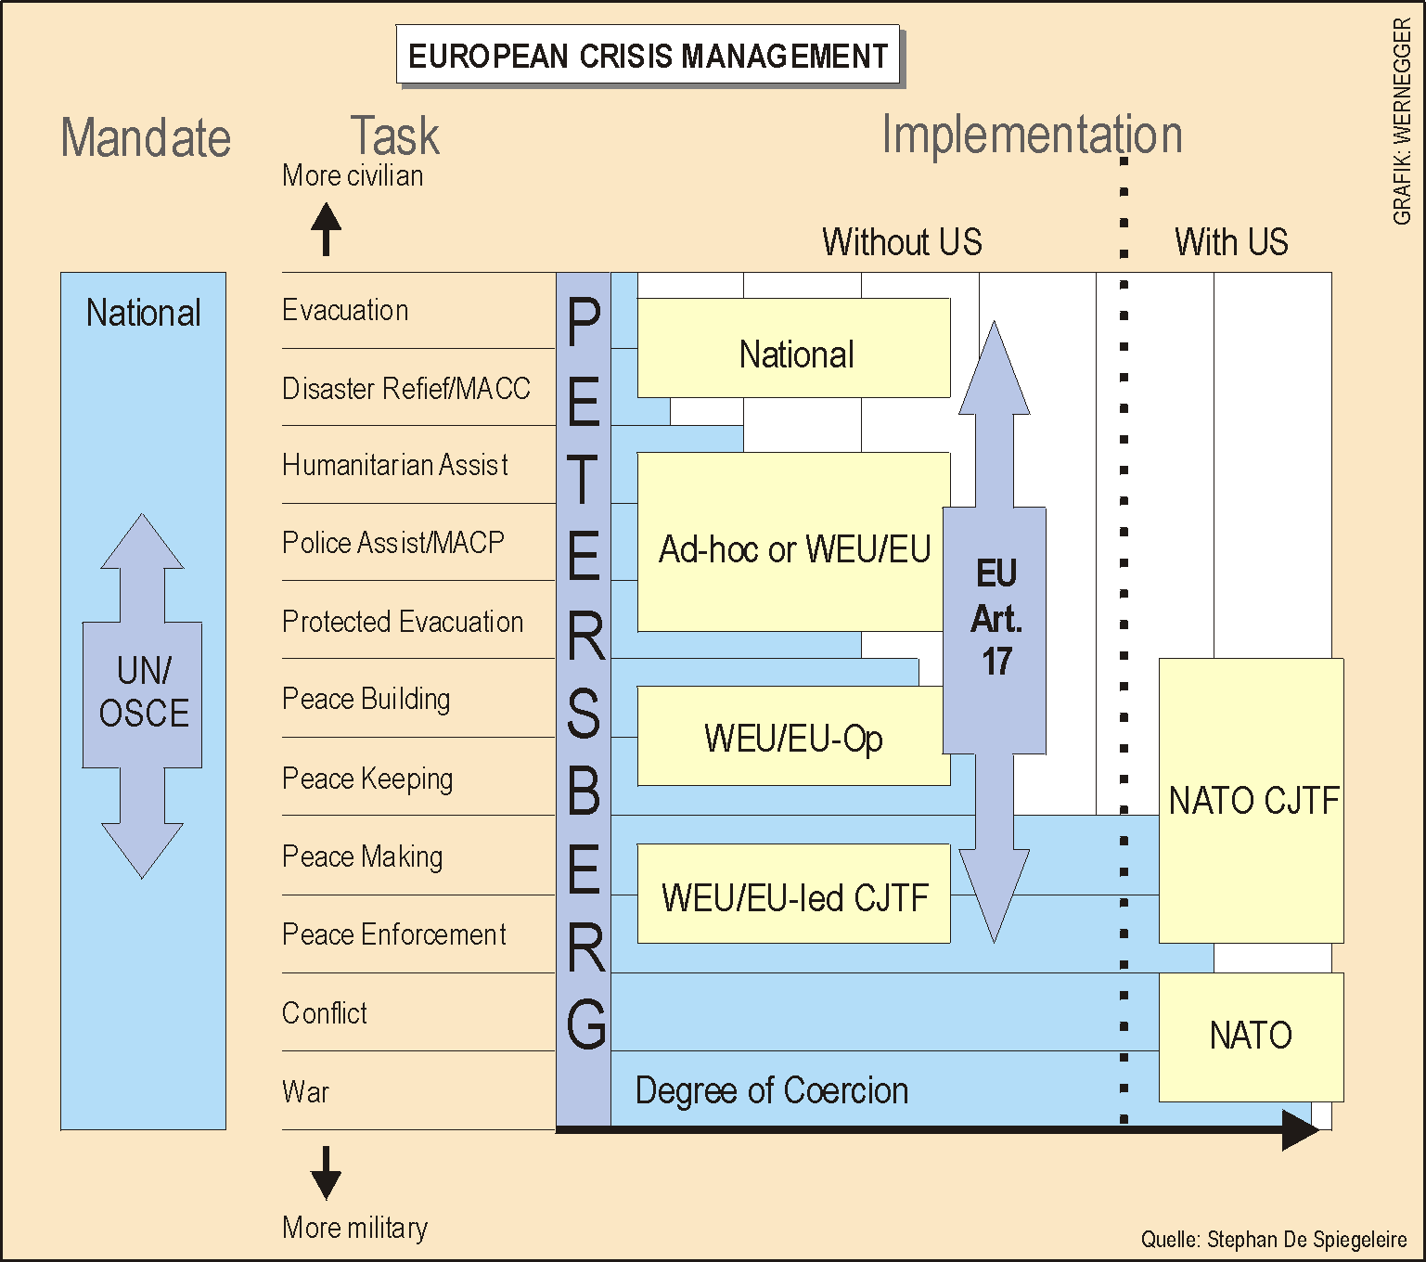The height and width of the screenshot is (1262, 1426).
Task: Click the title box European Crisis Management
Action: pos(648,56)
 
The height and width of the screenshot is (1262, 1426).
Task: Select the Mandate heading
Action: pos(146,138)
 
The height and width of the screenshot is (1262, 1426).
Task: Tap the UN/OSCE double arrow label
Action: pos(143,692)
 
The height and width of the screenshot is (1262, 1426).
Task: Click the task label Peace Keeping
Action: pos(367,779)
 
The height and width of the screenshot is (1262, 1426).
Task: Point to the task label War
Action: pos(305,1091)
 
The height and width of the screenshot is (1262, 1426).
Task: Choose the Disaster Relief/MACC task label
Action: pos(405,388)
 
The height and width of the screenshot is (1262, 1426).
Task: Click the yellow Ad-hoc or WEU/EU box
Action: pos(793,548)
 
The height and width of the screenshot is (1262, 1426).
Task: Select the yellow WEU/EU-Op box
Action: pos(793,738)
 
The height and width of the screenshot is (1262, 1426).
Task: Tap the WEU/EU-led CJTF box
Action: pos(793,896)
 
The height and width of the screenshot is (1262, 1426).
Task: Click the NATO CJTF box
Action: pos(1252,800)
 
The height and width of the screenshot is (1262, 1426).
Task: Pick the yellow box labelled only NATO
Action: pos(1251,1036)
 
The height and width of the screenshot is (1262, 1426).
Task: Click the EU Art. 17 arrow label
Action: pos(996,617)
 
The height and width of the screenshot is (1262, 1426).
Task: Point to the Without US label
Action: pos(902,242)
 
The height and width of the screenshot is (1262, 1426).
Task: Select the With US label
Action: pos(1231,242)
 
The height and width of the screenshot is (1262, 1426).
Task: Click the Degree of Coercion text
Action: pos(771,1090)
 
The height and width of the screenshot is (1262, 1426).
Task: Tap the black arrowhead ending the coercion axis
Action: pos(1299,1129)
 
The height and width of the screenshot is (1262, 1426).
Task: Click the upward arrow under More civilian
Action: pos(326,228)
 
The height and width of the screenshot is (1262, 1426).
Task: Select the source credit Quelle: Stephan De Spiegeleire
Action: pos(1273,1240)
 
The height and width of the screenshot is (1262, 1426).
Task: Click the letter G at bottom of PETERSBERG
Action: pos(585,1024)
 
